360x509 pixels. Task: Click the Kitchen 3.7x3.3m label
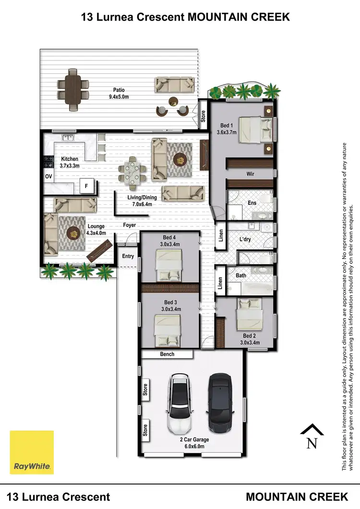point(70,162)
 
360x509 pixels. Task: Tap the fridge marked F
point(87,186)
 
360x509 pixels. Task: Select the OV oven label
point(48,176)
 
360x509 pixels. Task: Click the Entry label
point(128,256)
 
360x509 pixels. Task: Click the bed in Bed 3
point(168,330)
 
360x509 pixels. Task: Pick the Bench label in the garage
point(167,354)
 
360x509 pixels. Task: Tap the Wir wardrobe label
point(250,174)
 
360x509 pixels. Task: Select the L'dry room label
point(247,238)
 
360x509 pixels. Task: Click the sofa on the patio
point(175,85)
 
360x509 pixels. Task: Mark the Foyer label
point(130,225)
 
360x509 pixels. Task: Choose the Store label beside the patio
point(203,116)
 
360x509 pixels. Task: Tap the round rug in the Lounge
point(73,234)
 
